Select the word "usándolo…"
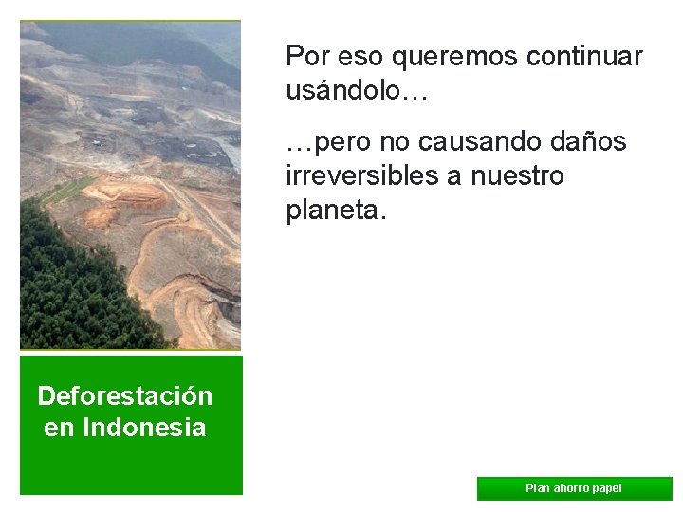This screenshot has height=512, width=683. pos(358,91)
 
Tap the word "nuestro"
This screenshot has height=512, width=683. pos(520,176)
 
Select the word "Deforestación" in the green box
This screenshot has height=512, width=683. pos(124,395)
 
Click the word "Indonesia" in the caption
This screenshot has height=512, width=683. pos(144,428)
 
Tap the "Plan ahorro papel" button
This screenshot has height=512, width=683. pos(574,488)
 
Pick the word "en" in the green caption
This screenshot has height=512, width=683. pos(59,428)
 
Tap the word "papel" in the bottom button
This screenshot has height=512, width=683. pos(608,488)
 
